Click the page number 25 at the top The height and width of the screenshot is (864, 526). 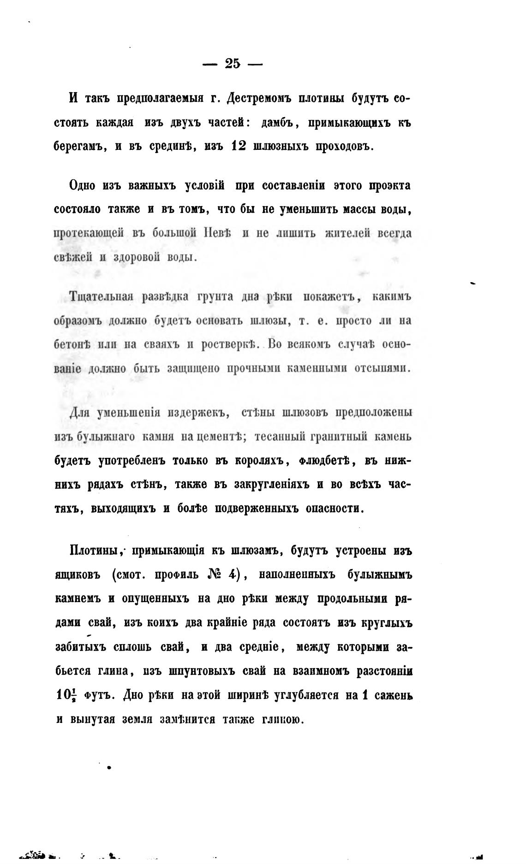[233, 63]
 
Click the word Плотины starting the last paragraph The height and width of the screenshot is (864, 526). [95, 550]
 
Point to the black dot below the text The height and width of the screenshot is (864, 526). [109, 768]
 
